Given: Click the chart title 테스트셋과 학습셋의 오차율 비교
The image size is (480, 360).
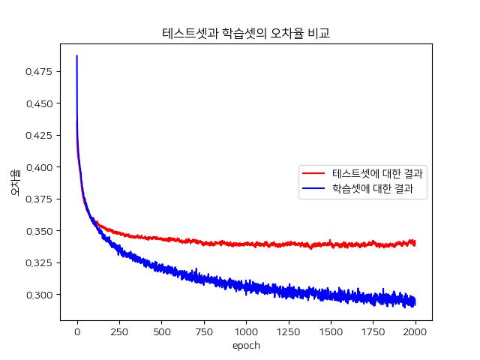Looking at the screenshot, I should pos(246,34).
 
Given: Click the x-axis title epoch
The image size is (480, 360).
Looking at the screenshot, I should pos(246,346).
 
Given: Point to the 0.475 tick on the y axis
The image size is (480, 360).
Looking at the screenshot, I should pos(40,72).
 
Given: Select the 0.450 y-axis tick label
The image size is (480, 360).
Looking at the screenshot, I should pos(40,103).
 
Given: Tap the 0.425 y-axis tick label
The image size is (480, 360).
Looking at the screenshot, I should pos(40,136).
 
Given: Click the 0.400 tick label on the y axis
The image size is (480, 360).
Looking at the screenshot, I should pos(40,167).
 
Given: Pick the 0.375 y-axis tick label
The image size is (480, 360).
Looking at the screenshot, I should pos(40,199).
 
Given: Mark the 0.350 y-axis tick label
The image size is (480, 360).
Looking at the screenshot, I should pos(40,231).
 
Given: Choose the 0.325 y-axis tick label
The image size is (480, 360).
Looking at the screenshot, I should pos(40,263).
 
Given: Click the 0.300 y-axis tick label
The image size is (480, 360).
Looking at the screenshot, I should pos(40,295).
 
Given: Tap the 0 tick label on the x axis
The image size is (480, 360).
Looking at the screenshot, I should pos(77,331).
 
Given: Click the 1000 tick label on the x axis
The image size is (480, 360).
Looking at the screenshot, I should pos(246,331).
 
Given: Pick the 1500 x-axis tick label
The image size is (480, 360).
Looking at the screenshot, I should pos(331,331).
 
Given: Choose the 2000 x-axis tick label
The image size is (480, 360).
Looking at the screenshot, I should pos(415,331).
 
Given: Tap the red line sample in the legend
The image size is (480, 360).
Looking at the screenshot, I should pos(313,174).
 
